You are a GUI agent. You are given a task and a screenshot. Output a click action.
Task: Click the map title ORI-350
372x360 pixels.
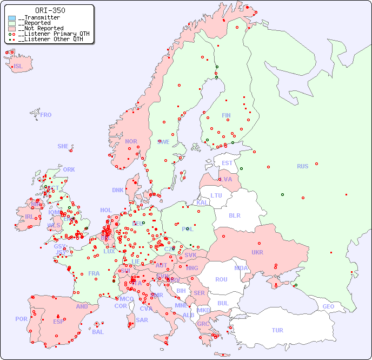point(50,10)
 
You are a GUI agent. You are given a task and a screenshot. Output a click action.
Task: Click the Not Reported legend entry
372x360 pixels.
point(41,28)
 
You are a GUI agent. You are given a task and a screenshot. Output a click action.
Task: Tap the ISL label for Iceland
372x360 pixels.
point(18,67)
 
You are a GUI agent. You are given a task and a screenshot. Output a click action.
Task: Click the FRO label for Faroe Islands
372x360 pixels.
point(46,115)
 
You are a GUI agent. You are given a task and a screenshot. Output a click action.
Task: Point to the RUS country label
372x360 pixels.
point(302,166)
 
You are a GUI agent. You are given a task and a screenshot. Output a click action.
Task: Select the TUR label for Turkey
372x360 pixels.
point(277,330)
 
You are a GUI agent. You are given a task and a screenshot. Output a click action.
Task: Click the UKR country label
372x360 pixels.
point(257,252)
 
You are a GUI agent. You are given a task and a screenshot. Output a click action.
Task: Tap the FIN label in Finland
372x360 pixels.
point(226,115)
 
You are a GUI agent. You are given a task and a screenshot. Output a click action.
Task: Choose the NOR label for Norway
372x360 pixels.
point(131,141)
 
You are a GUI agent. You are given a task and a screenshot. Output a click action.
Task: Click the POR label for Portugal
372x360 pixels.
point(21,319)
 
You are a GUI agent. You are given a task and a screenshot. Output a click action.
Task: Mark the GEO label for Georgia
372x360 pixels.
point(328,306)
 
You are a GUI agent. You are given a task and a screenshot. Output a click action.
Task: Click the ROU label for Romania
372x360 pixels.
point(221,279)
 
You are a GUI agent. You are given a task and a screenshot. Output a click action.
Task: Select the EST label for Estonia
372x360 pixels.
point(227,163)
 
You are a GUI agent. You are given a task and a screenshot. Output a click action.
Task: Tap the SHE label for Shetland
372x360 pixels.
point(63,146)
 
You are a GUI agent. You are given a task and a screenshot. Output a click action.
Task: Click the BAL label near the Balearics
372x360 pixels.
point(97,332)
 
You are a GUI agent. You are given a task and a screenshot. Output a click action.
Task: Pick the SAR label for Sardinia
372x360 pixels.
point(142,320)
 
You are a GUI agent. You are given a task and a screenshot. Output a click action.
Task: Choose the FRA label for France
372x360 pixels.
point(94,273)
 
